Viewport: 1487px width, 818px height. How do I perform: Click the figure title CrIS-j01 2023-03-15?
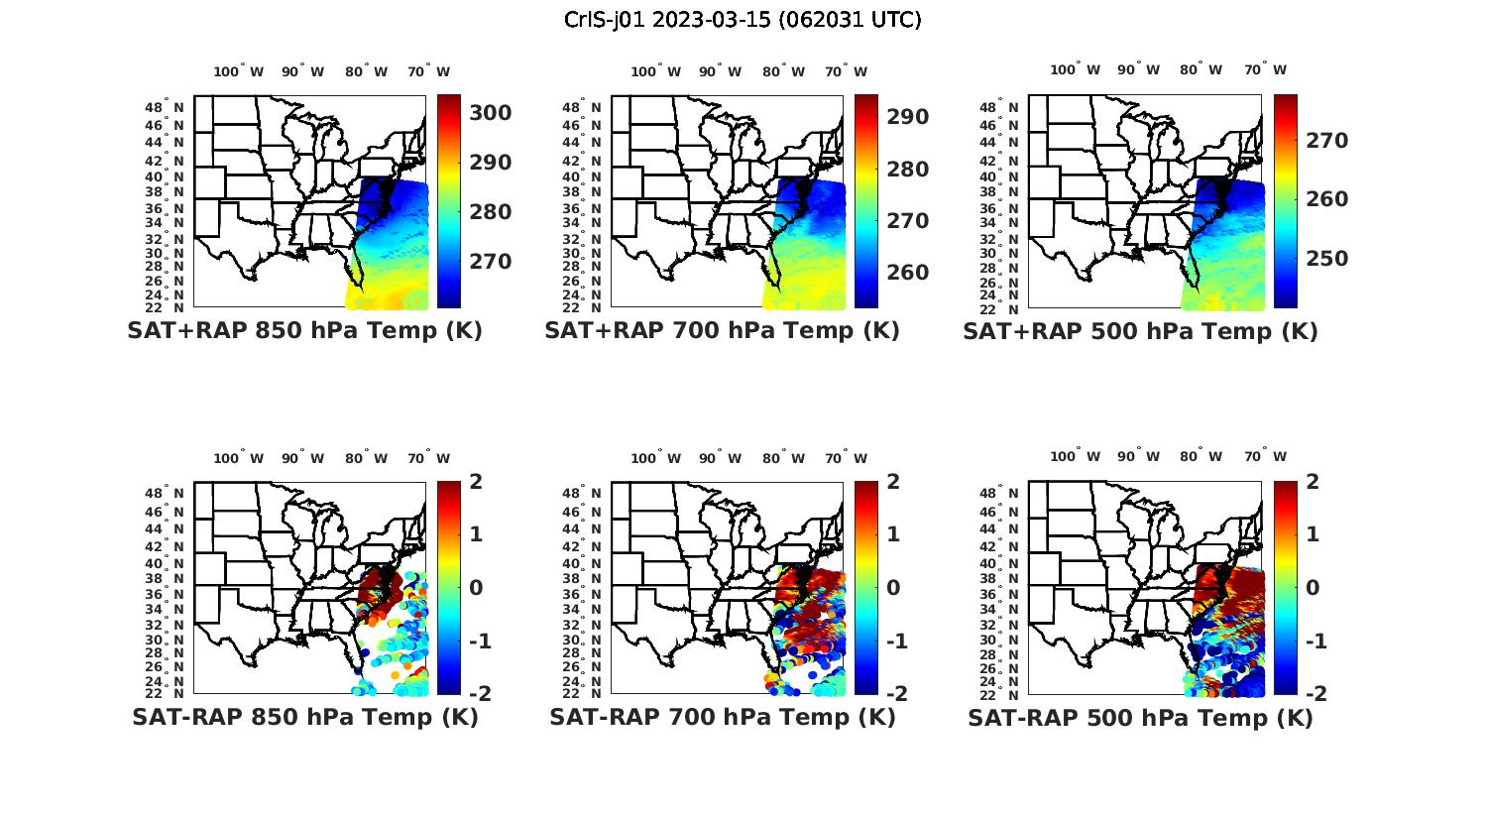click(743, 20)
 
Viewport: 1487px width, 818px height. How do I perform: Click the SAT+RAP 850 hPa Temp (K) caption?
click(304, 331)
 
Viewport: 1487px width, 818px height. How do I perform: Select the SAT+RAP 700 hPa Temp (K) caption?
click(722, 331)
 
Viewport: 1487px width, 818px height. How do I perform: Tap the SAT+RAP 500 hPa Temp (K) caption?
click(1140, 331)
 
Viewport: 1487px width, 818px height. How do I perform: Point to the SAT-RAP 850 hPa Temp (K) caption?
click(304, 717)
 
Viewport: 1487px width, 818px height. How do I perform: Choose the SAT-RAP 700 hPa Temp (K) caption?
click(722, 717)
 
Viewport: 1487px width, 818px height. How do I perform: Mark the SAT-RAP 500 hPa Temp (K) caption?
click(1140, 717)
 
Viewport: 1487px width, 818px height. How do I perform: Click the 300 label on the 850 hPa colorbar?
click(491, 113)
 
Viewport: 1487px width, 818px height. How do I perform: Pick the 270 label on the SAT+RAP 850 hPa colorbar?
click(491, 262)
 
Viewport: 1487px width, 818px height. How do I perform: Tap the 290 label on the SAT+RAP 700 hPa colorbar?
click(908, 117)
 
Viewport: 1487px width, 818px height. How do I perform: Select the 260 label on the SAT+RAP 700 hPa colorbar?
click(908, 273)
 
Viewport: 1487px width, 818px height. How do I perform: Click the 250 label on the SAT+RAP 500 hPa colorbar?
click(1326, 259)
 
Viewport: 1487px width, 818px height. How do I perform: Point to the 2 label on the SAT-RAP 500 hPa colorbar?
click(1311, 482)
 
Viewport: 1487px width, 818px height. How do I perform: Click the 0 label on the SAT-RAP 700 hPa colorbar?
click(893, 587)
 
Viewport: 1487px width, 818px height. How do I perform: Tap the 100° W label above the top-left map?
click(238, 71)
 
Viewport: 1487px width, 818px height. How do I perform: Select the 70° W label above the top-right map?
click(1264, 69)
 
